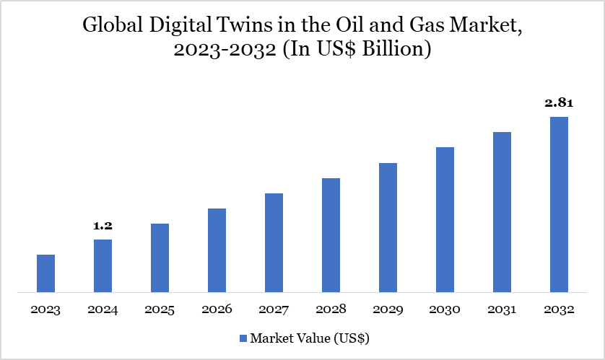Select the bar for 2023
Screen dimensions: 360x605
pos(45,273)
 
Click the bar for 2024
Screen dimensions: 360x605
pos(103,265)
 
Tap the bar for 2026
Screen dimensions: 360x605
pos(217,250)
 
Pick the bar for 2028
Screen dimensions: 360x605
pos(331,235)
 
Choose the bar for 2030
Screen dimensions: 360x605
pos(445,220)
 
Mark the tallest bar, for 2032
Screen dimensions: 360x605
pos(559,205)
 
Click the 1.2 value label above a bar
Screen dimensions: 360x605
pos(103,226)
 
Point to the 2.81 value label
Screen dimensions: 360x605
pos(558,103)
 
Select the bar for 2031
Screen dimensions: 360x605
pos(502,212)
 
